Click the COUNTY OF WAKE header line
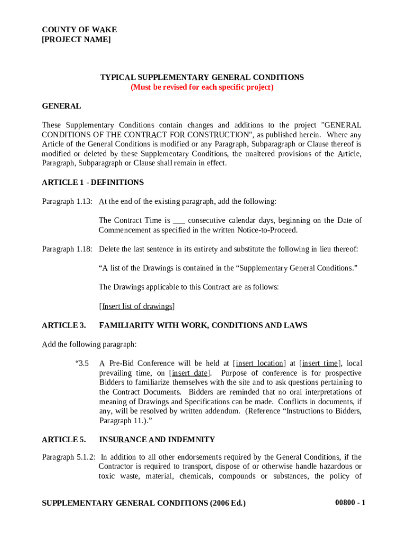[x=79, y=30]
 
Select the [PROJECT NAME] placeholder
[x=76, y=40]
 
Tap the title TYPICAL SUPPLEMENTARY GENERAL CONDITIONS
[x=202, y=77]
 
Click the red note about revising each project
[x=202, y=87]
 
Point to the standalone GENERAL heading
[x=61, y=106]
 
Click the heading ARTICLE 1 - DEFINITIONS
[x=92, y=182]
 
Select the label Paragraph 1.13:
[x=67, y=201]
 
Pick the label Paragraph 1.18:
[x=67, y=249]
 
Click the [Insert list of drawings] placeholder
[x=137, y=306]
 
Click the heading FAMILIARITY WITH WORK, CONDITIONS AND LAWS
[x=203, y=325]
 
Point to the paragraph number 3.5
[x=83, y=363]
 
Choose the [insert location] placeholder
[x=260, y=363]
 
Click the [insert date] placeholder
[x=189, y=373]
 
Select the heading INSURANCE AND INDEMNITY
[x=157, y=440]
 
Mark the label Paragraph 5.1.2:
[x=69, y=457]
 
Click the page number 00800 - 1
[x=350, y=503]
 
